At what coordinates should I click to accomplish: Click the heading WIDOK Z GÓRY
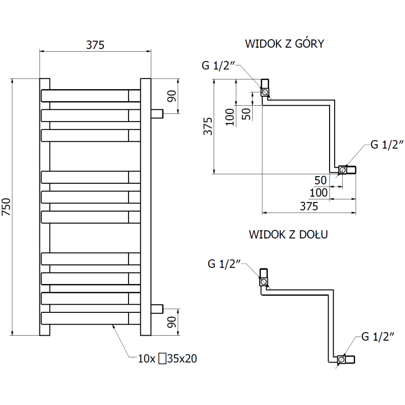pyautogui.click(x=285, y=44)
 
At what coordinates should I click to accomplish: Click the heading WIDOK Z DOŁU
pyautogui.click(x=289, y=235)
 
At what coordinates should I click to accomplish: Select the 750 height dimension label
pyautogui.click(x=6, y=207)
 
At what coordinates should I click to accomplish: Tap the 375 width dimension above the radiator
pyautogui.click(x=95, y=45)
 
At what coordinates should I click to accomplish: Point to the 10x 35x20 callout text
pyautogui.click(x=167, y=359)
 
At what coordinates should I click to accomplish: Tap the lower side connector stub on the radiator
pyautogui.click(x=157, y=307)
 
